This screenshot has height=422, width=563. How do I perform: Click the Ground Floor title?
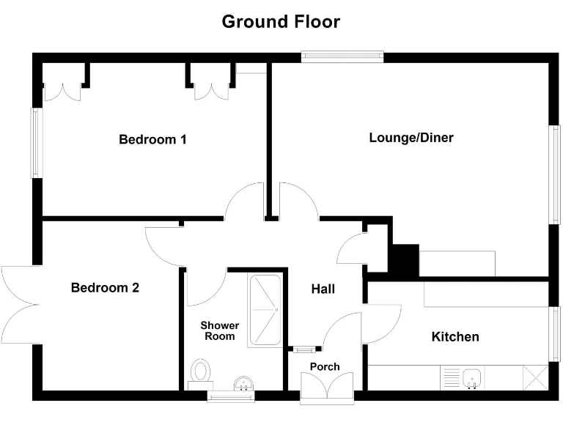[281, 21]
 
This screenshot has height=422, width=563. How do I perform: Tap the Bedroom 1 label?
[152, 139]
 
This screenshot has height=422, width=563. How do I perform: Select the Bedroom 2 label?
[105, 288]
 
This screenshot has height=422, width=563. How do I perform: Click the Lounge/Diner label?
[411, 137]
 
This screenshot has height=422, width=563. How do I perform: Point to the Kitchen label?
[455, 336]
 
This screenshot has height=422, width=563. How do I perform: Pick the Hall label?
[323, 289]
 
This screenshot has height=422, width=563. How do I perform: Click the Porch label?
[325, 366]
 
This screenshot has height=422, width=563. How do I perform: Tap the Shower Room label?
[220, 330]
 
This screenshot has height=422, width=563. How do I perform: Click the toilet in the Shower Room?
[200, 371]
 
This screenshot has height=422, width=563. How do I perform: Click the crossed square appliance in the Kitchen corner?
[535, 378]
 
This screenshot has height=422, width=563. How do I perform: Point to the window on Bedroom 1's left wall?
[34, 143]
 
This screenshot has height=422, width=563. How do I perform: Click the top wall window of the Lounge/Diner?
[342, 56]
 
